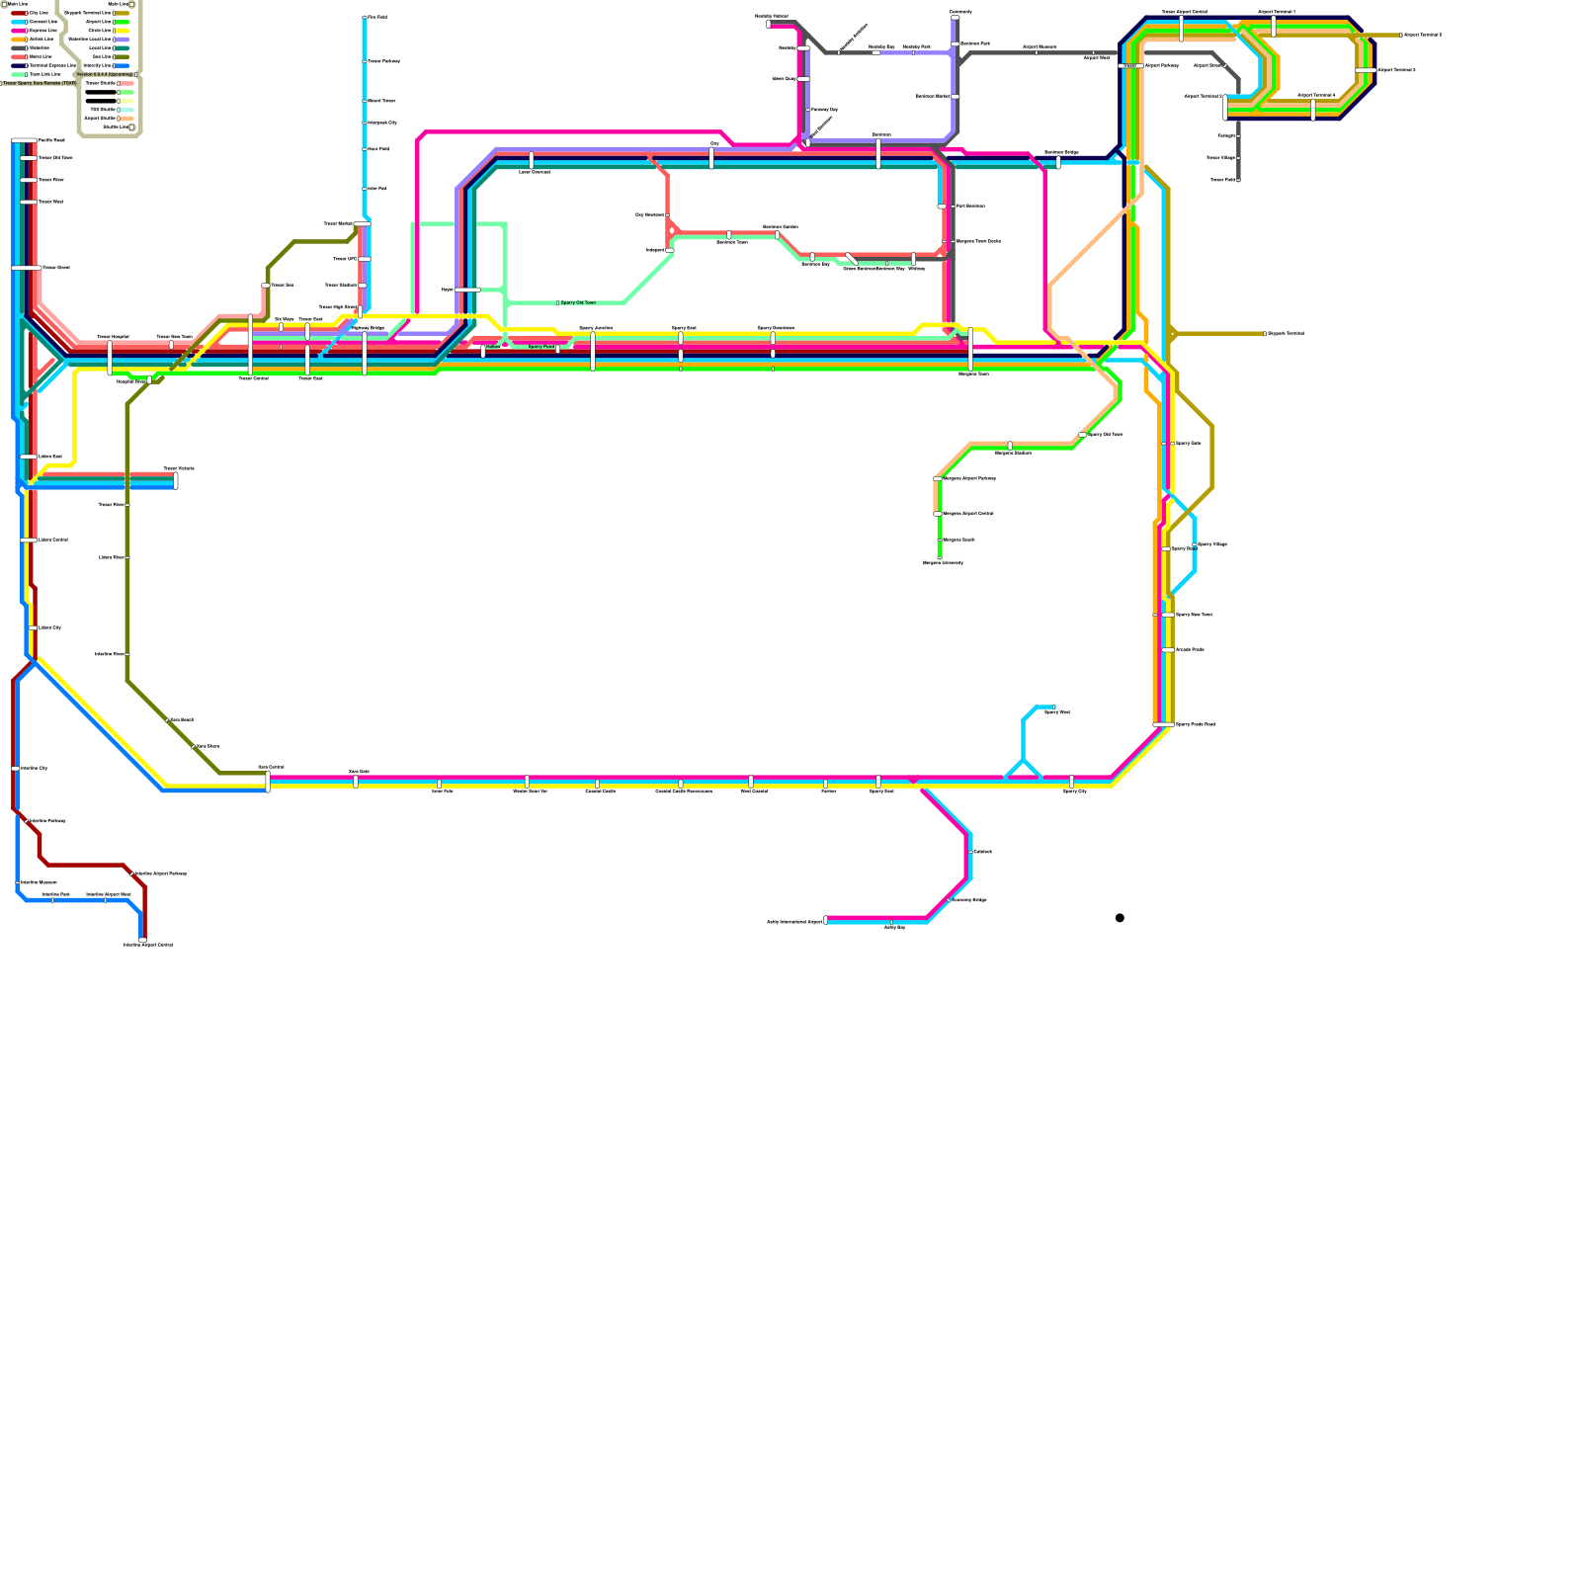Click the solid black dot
point(1120,918)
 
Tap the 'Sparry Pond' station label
point(541,347)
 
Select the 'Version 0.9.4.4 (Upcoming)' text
point(105,74)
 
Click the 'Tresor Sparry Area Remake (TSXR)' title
point(40,83)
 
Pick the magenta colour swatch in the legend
point(18,31)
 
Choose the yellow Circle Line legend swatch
point(123,31)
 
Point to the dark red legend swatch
point(18,13)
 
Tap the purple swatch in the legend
point(123,40)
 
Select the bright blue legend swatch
point(123,65)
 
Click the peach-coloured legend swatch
point(126,119)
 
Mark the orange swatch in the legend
point(18,40)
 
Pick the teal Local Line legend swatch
point(123,47)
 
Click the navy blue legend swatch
point(18,65)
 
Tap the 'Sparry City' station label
point(1075,791)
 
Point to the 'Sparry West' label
point(1056,711)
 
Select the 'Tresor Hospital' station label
point(113,337)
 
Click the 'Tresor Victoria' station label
point(179,468)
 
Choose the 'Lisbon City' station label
point(49,627)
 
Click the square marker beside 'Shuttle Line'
point(131,126)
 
